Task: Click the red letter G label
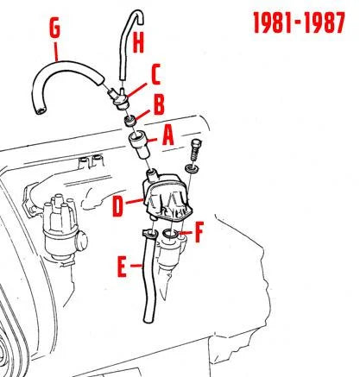[55, 28]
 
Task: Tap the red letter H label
[138, 43]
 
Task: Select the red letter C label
[155, 74]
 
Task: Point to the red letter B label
[159, 104]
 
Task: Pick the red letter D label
[117, 206]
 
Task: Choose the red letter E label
[122, 267]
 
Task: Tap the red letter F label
[199, 232]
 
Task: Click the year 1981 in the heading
[273, 22]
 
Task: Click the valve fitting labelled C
[118, 97]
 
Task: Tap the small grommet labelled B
[130, 122]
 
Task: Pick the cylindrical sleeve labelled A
[139, 144]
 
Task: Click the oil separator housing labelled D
[167, 196]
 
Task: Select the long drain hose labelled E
[150, 276]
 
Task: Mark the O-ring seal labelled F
[170, 234]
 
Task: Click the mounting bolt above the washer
[196, 151]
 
